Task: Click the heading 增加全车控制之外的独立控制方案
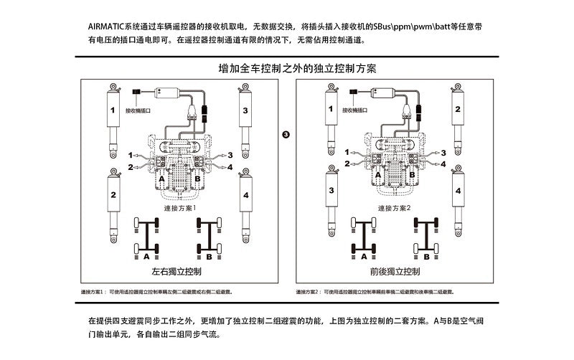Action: coord(297,70)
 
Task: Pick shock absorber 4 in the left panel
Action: coord(245,201)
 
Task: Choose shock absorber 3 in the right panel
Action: coord(331,197)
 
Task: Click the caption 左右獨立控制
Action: coord(177,272)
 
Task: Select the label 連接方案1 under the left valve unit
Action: coord(179,208)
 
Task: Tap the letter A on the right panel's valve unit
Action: coord(378,174)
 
